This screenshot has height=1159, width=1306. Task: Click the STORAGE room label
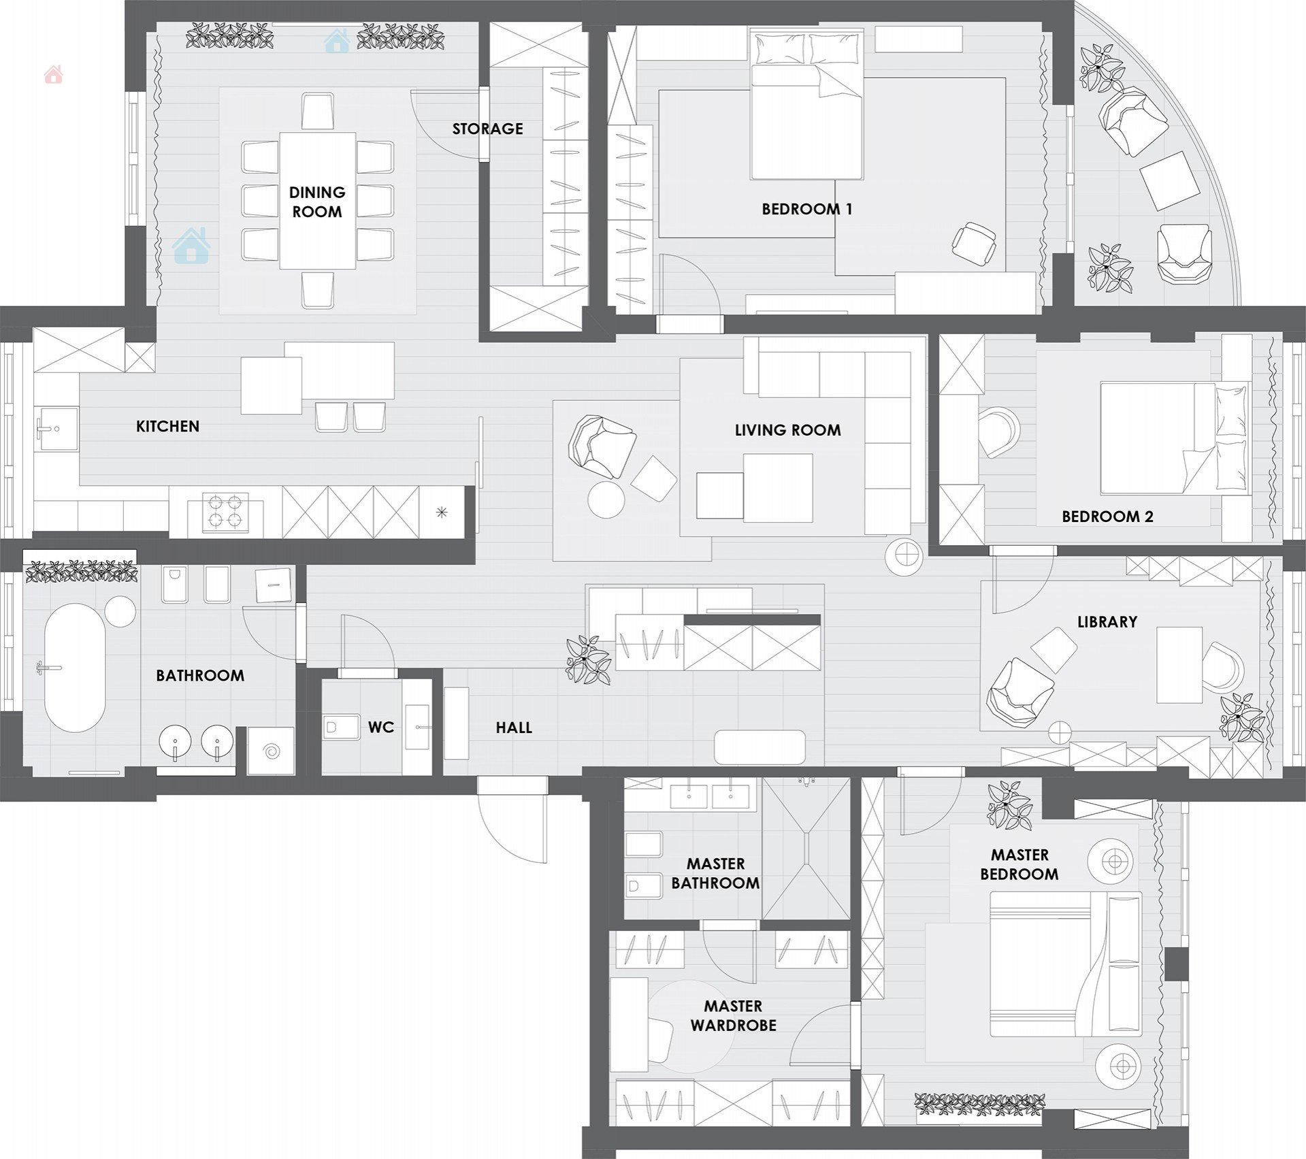click(487, 129)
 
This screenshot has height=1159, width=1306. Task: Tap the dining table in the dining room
click(317, 201)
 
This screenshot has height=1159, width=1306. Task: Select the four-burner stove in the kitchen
click(225, 512)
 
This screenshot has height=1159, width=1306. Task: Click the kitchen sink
click(56, 429)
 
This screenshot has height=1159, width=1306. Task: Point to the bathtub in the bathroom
click(75, 668)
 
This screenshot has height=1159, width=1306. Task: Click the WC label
click(381, 728)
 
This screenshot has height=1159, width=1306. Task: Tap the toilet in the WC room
click(341, 728)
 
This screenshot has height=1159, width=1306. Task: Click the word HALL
click(514, 728)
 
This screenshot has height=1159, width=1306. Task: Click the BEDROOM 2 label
click(1107, 517)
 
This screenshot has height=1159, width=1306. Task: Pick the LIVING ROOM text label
click(787, 430)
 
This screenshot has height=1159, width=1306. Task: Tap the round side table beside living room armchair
click(606, 500)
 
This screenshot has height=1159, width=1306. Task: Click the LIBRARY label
click(1107, 622)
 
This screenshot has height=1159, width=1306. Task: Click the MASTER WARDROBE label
click(733, 1015)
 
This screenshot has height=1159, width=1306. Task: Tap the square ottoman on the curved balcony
click(1170, 180)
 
